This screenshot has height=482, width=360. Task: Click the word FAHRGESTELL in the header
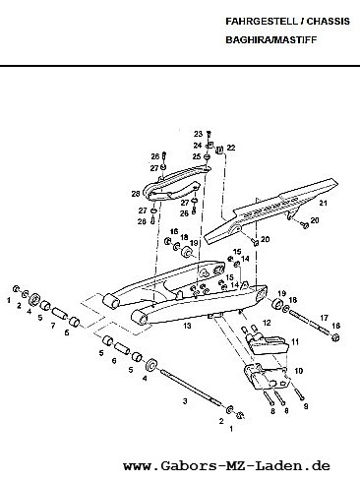point(261,22)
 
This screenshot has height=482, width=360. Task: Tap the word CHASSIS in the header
point(329,22)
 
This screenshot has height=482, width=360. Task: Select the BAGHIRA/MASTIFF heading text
point(271,39)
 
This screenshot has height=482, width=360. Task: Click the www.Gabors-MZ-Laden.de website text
point(226,465)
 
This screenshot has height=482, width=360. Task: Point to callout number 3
point(185,400)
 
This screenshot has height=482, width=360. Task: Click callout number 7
point(53,326)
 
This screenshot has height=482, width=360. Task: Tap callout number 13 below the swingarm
point(187,326)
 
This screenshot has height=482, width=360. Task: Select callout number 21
point(324,203)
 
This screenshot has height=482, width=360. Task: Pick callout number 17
point(324,318)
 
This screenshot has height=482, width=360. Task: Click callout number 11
point(295,342)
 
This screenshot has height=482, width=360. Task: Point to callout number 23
point(198,134)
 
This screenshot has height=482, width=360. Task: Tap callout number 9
point(306,406)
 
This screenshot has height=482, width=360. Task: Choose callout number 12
point(267,323)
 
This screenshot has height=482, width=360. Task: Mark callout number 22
point(231,148)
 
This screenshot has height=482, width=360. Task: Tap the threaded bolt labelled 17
point(309,323)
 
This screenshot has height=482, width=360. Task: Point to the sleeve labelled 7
point(59,313)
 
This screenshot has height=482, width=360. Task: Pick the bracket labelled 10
point(266,377)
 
